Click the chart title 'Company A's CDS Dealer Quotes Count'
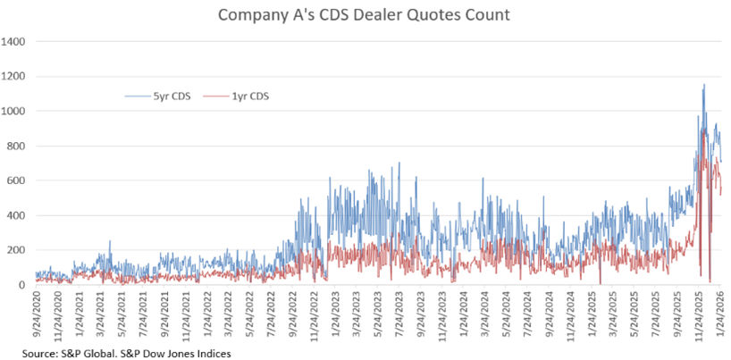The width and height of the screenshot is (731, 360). (x=365, y=15)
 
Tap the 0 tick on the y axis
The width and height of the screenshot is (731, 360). (x=22, y=286)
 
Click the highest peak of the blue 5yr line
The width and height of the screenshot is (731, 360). (x=704, y=85)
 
